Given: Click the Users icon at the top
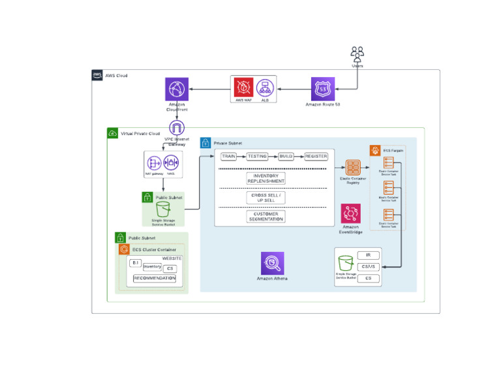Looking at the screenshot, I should point(357,53).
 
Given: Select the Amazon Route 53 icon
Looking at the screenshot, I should point(322,89).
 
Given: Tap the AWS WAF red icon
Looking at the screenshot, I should point(244,87).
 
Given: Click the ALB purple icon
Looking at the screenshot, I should point(264,87).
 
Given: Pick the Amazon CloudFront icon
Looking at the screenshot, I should point(177,89).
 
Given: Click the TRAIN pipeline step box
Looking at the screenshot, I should point(228,157).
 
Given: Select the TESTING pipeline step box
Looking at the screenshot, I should point(257,157).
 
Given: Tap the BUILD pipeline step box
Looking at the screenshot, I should point(286,157).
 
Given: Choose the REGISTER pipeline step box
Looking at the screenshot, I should point(316,157).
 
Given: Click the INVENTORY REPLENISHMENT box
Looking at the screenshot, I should point(266,178).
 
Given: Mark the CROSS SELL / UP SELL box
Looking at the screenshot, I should point(266,198).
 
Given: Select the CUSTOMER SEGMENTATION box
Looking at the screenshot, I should point(266,217).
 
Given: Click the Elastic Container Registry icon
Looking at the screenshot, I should point(354,167).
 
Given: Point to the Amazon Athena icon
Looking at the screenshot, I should point(272,263).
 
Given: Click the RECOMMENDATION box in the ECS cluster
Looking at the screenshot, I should point(155,279).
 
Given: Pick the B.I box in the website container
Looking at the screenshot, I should point(135,262).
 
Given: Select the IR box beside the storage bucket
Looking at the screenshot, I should point(369,255).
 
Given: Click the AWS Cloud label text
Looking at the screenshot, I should point(116,76).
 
